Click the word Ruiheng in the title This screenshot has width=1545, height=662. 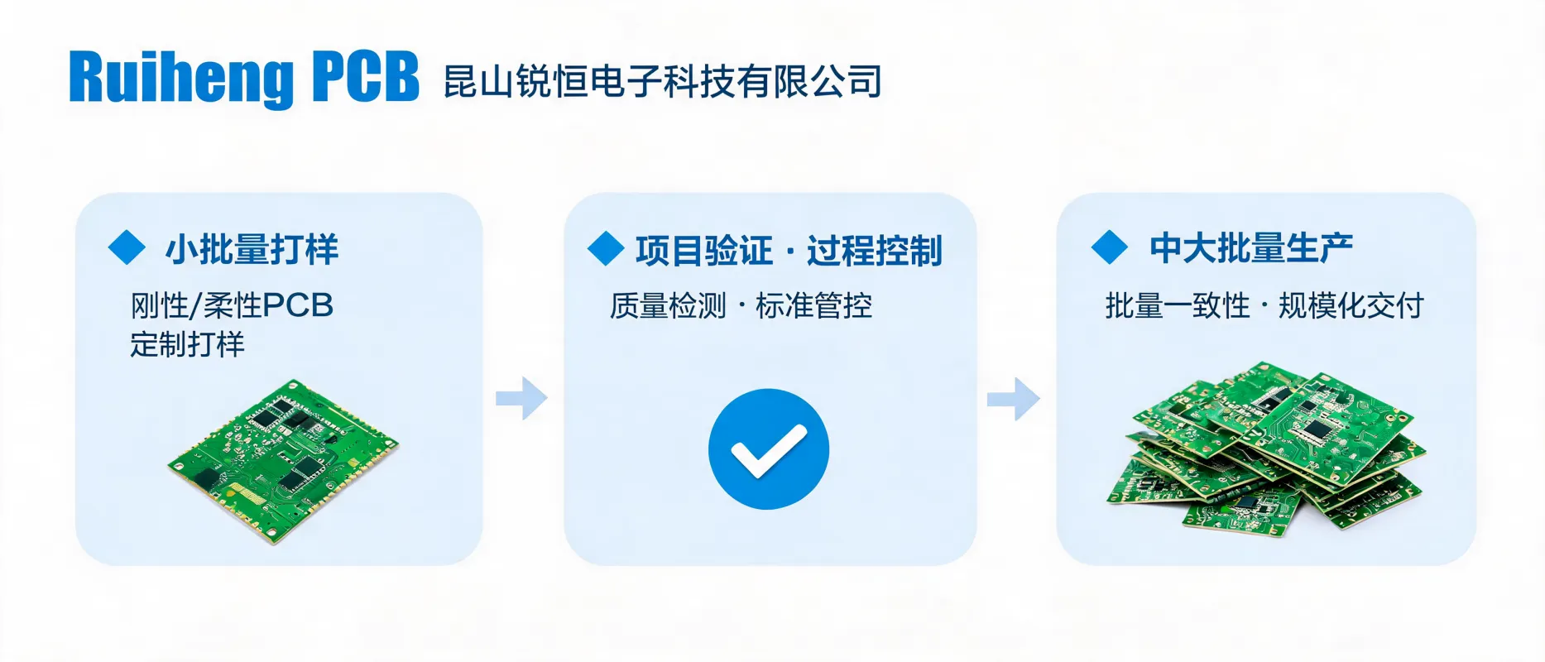pyautogui.click(x=181, y=79)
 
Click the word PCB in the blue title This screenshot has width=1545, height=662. pyautogui.click(x=366, y=77)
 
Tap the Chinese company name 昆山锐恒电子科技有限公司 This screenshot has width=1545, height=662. pyautogui.click(x=663, y=81)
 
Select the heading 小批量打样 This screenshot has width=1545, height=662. pyautogui.click(x=252, y=249)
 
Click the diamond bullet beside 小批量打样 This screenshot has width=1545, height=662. pyautogui.click(x=127, y=247)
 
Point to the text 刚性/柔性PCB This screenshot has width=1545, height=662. pyautogui.click(x=232, y=305)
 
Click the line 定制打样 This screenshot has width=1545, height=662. pyautogui.click(x=188, y=344)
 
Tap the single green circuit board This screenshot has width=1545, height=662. pyautogui.click(x=282, y=460)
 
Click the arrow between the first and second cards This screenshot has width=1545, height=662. pyautogui.click(x=521, y=399)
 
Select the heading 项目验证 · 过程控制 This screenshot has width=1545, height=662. pyautogui.click(x=789, y=251)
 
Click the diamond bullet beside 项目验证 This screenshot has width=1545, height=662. pyautogui.click(x=606, y=248)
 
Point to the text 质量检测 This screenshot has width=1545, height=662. pyautogui.click(x=668, y=306)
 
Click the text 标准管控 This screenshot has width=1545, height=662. pyautogui.click(x=814, y=306)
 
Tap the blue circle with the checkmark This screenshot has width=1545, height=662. pyautogui.click(x=769, y=449)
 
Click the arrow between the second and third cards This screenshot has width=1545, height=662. pyautogui.click(x=1014, y=399)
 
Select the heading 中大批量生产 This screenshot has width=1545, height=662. pyautogui.click(x=1251, y=248)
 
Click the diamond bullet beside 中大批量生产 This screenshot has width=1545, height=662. pyautogui.click(x=1110, y=247)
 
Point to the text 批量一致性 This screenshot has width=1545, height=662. pyautogui.click(x=1178, y=306)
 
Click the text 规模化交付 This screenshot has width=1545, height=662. pyautogui.click(x=1351, y=306)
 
